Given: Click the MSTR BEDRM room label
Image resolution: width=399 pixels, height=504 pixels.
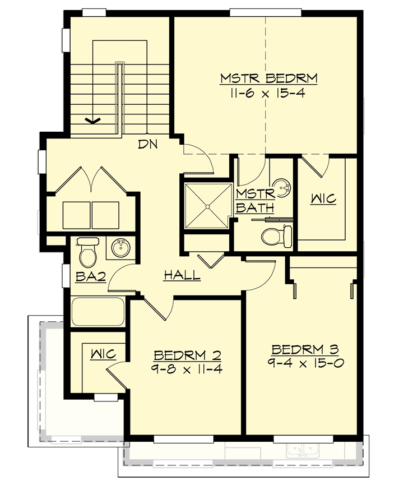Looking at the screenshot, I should pyautogui.click(x=268, y=78).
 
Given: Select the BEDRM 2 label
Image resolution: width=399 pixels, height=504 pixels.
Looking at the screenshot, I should pyautogui.click(x=187, y=355).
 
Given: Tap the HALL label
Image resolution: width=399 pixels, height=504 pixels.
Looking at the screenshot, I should pyautogui.click(x=182, y=275).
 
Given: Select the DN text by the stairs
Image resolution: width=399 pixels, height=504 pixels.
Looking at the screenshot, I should pyautogui.click(x=148, y=144).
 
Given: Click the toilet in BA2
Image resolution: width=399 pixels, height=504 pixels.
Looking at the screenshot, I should pyautogui.click(x=87, y=253).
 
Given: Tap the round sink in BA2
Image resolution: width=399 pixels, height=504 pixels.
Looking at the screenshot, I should pyautogui.click(x=119, y=247).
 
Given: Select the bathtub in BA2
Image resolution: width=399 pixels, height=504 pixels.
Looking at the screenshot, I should pyautogui.click(x=98, y=312).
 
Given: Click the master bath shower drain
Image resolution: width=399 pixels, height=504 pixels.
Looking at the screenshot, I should pyautogui.click(x=207, y=206).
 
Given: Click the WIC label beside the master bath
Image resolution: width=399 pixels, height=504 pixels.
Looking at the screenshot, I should pyautogui.click(x=323, y=198).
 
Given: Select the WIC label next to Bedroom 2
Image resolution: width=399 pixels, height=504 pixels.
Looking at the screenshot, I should pyautogui.click(x=103, y=354).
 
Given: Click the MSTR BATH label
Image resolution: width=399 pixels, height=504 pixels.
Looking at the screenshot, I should pyautogui.click(x=255, y=201).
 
